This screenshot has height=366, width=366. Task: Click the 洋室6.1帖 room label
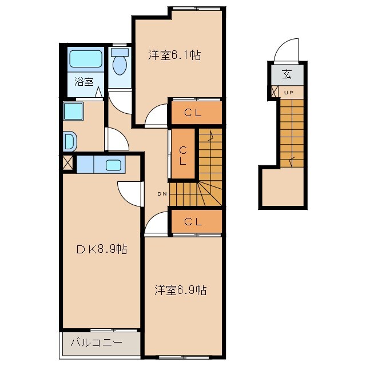click(x=174, y=55)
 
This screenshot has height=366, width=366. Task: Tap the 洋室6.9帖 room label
click(x=180, y=291)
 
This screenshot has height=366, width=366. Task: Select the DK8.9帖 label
click(x=102, y=249)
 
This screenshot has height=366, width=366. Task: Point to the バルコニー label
click(x=96, y=344)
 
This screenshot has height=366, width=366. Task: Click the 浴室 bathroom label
click(x=83, y=81)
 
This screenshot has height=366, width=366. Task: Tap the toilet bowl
click(x=120, y=64)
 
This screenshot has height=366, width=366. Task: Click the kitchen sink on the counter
click(x=113, y=165)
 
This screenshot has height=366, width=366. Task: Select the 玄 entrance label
click(x=287, y=74)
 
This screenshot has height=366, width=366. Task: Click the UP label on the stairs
click(x=289, y=92)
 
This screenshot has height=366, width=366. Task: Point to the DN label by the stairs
click(x=162, y=193)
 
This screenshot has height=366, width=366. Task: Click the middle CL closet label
click(x=182, y=156)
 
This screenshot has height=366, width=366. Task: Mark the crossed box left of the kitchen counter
click(x=67, y=162)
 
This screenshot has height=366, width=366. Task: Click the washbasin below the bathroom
click(x=69, y=141)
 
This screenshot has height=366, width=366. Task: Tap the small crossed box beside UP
click(x=275, y=92)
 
